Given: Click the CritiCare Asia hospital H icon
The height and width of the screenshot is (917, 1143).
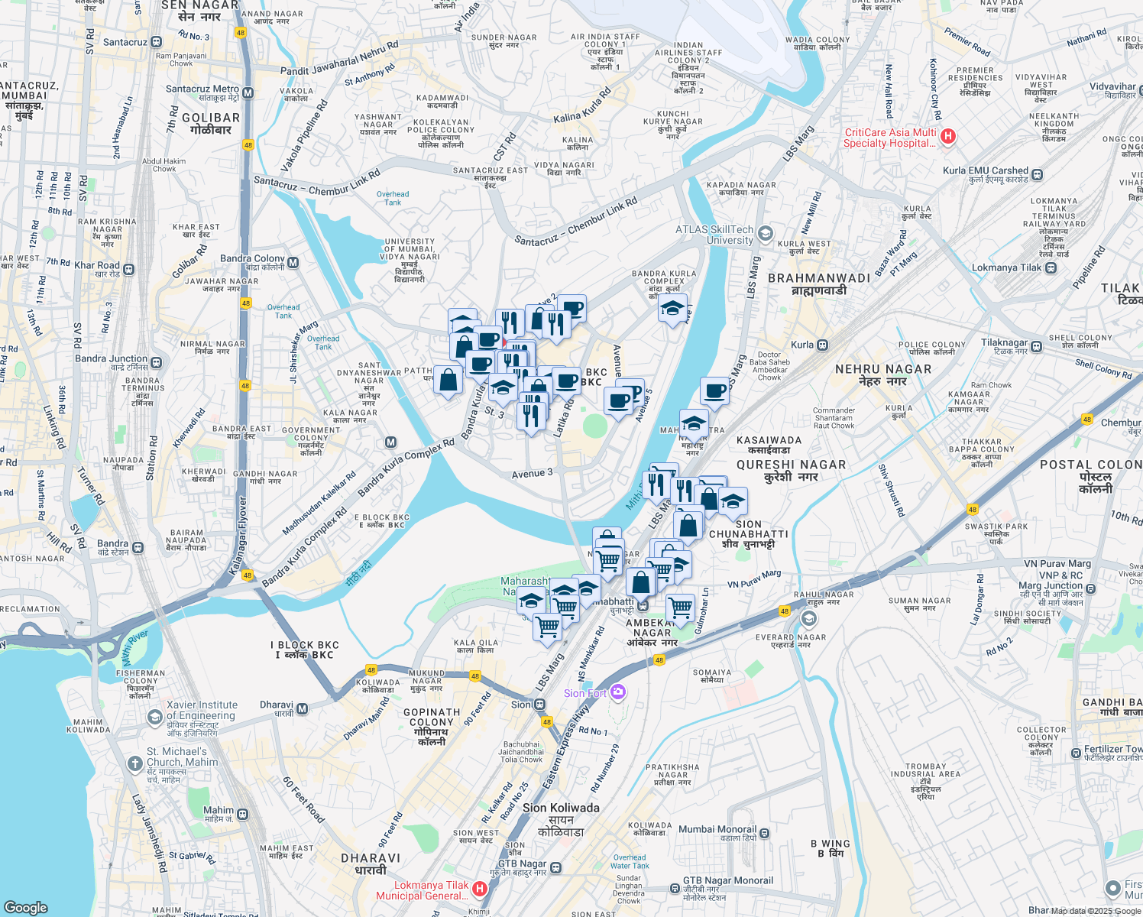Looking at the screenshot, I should click(x=948, y=137).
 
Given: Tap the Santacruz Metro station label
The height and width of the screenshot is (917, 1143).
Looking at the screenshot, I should click(x=202, y=89).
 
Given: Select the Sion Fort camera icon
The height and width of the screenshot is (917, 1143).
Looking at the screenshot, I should click(x=618, y=692).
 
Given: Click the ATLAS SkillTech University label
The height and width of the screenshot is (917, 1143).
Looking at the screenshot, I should click(x=714, y=235).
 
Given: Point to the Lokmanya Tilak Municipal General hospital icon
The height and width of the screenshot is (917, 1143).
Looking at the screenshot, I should click(x=480, y=888).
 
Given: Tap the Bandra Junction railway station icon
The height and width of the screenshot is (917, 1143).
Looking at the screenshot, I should click(x=157, y=362).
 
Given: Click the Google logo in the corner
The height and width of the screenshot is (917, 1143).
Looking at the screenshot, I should click(x=26, y=907).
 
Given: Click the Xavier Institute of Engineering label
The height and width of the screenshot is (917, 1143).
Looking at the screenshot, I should click(x=202, y=711).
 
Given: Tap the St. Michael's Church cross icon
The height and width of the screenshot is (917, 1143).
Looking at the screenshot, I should click(x=135, y=763).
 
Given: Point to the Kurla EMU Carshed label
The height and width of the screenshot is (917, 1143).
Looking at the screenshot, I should click(x=986, y=170).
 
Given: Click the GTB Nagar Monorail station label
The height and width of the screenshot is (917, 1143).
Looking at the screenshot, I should click(x=727, y=880).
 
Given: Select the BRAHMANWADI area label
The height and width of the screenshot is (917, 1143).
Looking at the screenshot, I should click(x=818, y=278).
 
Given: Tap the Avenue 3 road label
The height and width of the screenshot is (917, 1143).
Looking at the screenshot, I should click(x=532, y=474).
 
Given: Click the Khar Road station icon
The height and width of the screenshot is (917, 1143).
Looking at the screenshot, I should click(x=128, y=269).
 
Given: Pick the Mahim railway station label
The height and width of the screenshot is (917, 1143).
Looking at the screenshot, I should click(x=219, y=810).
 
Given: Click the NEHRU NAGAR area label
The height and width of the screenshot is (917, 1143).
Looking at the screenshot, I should click(x=882, y=369).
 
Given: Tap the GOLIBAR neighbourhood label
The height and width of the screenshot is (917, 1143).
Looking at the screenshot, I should click(x=211, y=118).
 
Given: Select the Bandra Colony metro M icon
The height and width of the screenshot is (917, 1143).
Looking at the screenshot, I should click(x=293, y=262).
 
